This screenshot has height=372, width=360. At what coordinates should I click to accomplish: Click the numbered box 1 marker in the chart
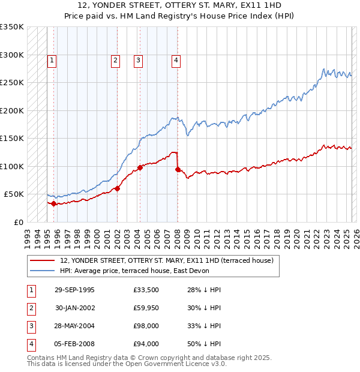[x=52, y=60]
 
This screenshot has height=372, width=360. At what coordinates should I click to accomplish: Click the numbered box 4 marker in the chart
[x=176, y=60]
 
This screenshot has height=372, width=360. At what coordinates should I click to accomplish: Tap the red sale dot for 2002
[x=118, y=188]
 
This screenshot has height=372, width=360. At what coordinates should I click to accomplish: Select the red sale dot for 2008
[x=178, y=170]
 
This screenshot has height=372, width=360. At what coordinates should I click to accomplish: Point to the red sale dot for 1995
[x=54, y=203]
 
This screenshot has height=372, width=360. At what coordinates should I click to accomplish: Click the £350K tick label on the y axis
[x=13, y=27]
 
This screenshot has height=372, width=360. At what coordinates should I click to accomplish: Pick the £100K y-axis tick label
[x=13, y=166]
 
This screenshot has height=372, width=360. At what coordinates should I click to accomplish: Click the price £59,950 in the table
[x=146, y=308]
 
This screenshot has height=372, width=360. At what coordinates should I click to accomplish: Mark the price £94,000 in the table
[x=146, y=344]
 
